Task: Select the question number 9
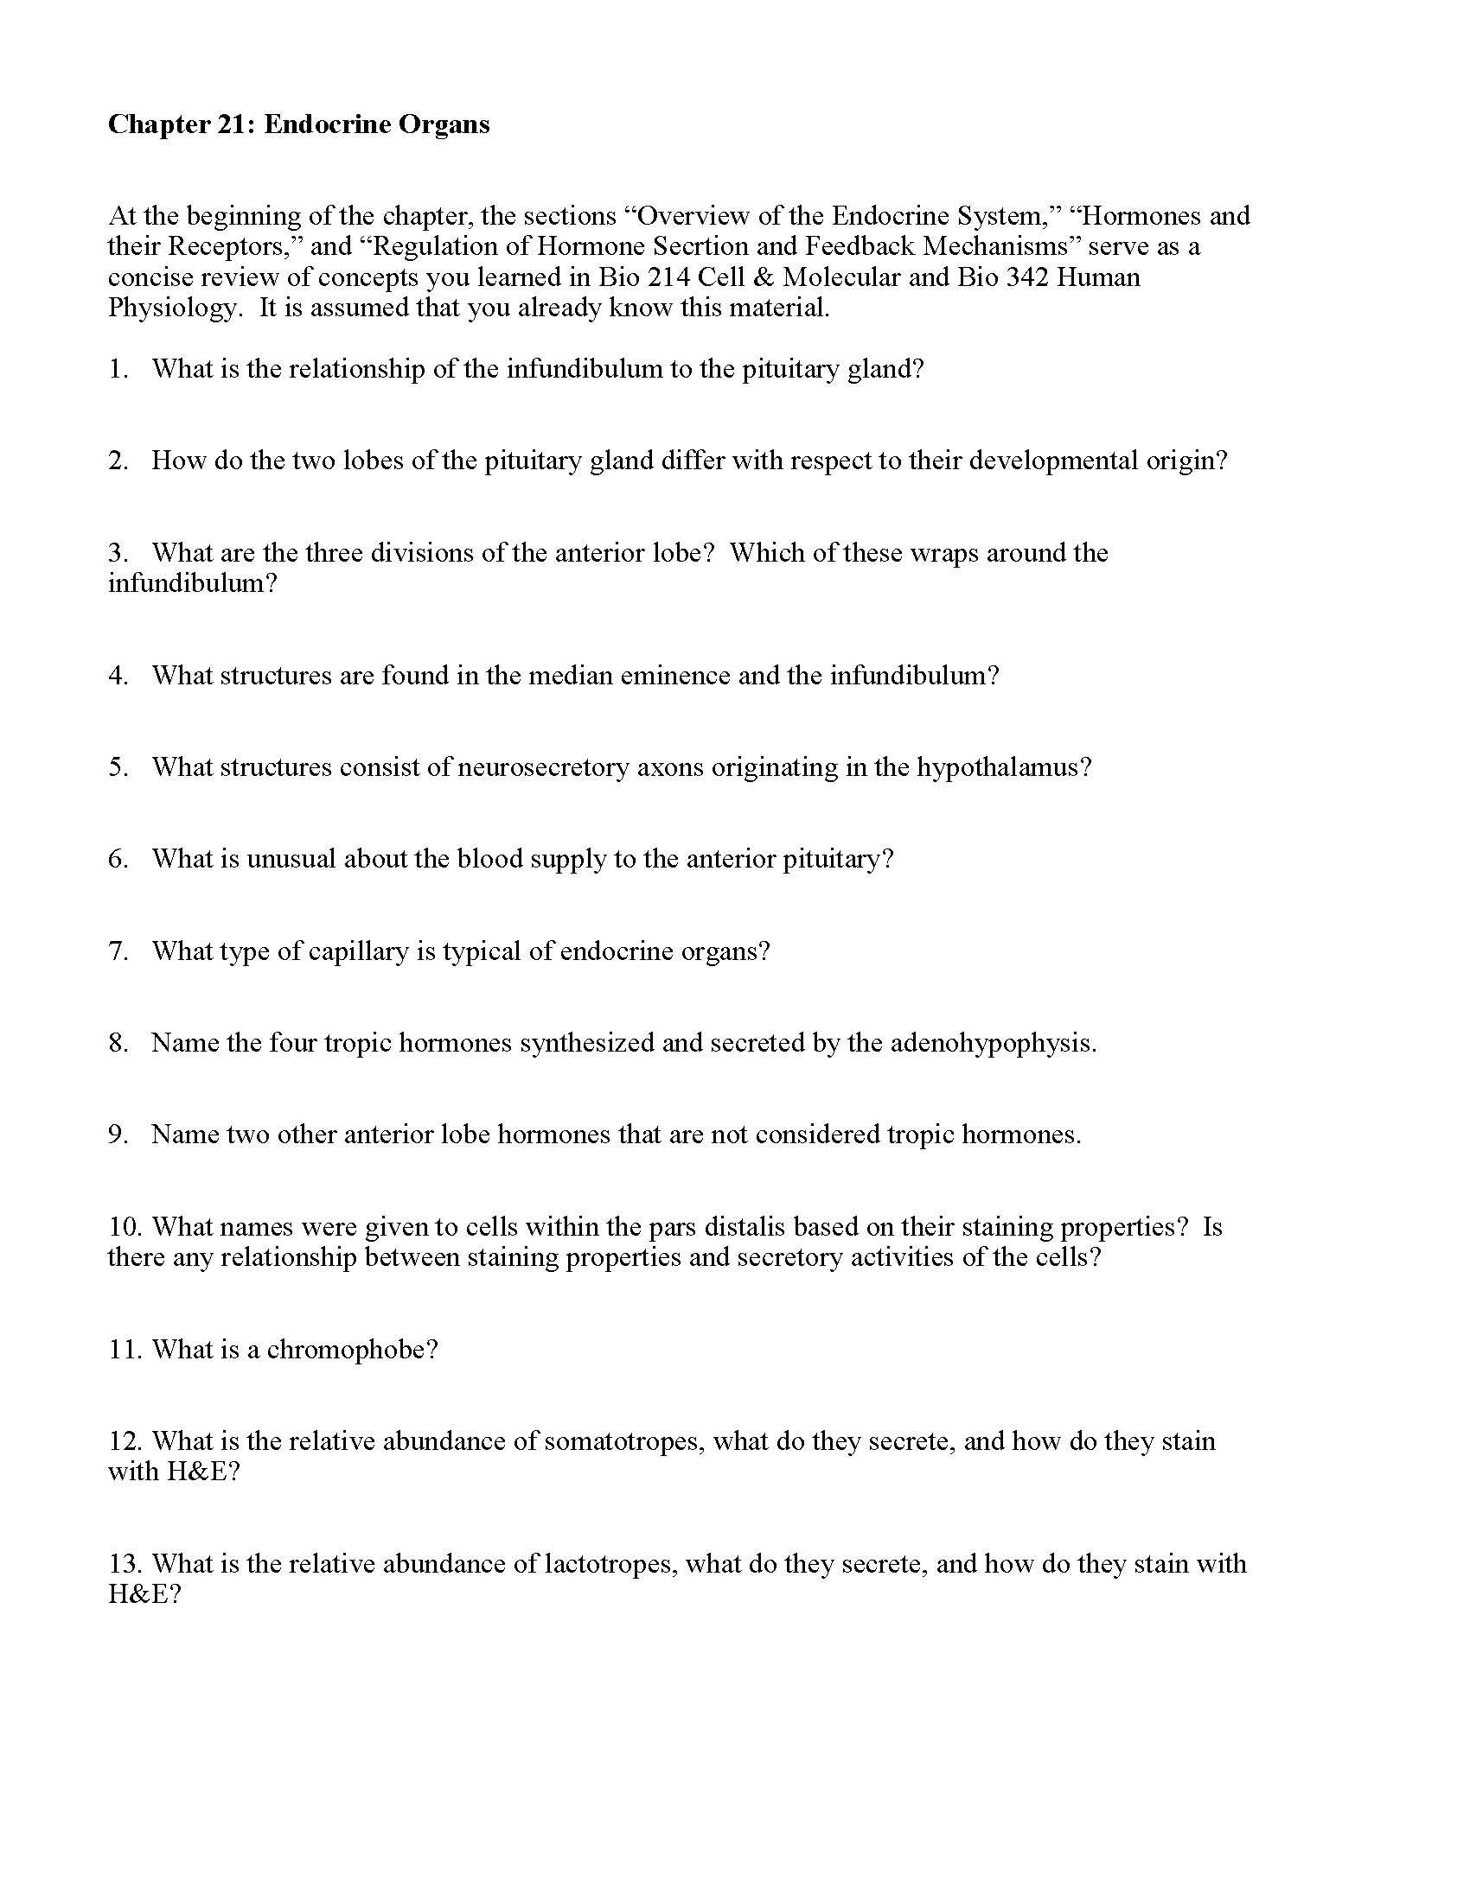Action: [x=118, y=1135]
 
